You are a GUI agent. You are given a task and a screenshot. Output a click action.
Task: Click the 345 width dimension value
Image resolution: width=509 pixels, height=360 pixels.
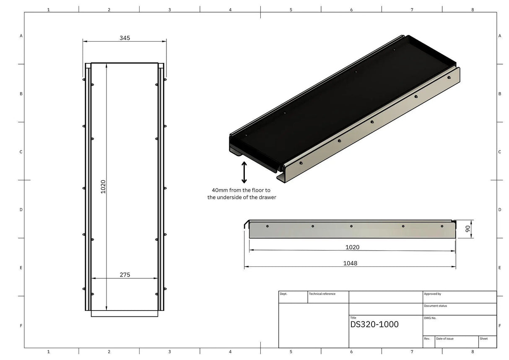click(125, 38)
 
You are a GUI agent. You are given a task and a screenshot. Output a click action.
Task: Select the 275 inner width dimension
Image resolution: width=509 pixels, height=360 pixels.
click(125, 275)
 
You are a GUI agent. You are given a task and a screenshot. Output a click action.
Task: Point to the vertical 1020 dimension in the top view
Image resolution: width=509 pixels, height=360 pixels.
click(103, 187)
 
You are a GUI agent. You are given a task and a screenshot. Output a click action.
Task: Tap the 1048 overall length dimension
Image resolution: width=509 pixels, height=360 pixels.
click(350, 263)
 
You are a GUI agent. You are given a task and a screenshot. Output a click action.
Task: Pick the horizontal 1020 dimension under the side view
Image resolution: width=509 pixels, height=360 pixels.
click(352, 247)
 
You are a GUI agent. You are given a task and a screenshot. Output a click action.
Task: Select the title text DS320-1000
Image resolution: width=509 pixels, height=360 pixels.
click(374, 324)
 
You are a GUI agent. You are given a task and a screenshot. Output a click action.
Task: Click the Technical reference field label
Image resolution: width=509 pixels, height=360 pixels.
click(322, 294)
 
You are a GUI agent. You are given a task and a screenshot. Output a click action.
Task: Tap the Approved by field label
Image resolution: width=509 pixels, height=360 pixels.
click(432, 294)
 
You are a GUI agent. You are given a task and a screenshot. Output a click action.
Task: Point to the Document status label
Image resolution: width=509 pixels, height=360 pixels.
click(435, 306)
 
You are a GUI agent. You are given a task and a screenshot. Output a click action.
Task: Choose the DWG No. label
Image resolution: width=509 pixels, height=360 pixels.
click(430, 318)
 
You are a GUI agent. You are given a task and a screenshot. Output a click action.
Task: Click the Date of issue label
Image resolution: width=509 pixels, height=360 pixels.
click(444, 338)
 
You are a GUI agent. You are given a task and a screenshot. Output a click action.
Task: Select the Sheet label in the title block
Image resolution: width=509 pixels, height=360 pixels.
click(483, 338)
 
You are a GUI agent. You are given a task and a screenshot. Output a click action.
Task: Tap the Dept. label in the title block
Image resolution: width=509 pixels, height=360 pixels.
click(283, 294)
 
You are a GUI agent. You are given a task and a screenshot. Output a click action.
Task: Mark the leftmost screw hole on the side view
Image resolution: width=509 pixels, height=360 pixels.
click(267, 226)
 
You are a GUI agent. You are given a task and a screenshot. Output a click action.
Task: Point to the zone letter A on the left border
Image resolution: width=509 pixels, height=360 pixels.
click(21, 36)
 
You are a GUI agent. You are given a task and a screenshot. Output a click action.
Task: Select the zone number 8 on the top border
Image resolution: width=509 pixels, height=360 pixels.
click(473, 9)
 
